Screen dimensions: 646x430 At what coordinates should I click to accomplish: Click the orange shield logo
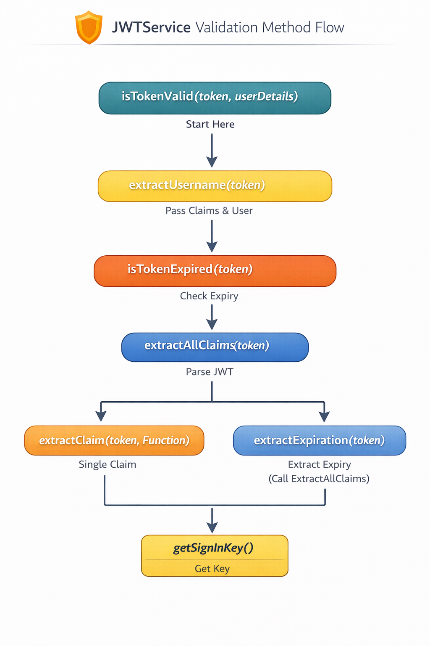pos(89,27)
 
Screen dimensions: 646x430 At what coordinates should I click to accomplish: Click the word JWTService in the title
pos(151,28)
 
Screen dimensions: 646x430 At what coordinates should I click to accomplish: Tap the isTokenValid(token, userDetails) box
pos(215,98)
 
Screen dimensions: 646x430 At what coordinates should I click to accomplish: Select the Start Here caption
pos(210,124)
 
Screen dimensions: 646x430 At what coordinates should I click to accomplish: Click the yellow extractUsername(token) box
pos(215,186)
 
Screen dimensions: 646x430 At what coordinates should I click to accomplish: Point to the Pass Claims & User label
pos(209,211)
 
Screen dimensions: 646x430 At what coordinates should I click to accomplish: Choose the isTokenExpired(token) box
pos(215,270)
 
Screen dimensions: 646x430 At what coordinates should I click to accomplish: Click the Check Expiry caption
pos(209,296)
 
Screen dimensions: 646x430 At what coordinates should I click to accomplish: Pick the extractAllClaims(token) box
pos(215,347)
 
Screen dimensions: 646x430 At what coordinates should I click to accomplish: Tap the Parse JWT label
pos(209,372)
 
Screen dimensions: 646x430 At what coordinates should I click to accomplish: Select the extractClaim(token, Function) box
pos(114,440)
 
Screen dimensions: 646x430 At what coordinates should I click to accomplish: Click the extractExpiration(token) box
pos(319,440)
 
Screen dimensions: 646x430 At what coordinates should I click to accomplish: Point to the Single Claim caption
pos(107,464)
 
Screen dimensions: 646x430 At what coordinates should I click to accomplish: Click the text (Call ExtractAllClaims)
pos(319,479)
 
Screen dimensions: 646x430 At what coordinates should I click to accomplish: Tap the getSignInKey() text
pos(213,548)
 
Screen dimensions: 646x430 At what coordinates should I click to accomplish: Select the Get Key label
pos(212,569)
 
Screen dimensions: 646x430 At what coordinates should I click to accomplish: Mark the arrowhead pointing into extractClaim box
pos(101,416)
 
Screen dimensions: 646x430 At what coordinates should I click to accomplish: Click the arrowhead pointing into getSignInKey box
pos(212,527)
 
